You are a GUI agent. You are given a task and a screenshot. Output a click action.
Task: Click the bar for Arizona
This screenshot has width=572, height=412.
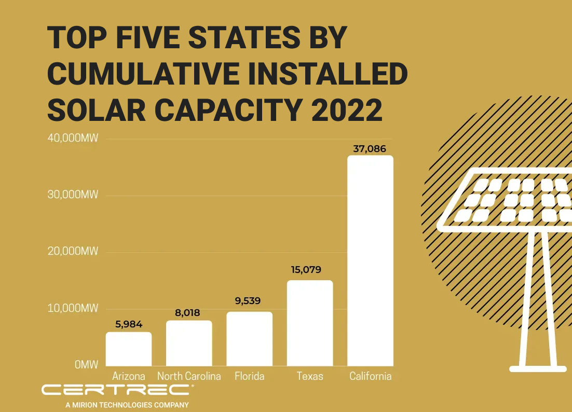[129, 349]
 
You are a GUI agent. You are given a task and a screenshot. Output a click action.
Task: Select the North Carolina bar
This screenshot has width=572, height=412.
[189, 343]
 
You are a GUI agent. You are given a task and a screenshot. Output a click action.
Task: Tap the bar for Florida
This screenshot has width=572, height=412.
[249, 338]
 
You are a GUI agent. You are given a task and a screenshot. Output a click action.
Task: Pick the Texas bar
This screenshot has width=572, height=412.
[310, 323]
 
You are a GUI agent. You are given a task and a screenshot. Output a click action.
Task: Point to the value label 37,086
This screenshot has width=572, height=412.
[370, 149]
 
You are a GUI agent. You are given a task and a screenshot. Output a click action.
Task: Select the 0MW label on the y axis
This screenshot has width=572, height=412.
[86, 365]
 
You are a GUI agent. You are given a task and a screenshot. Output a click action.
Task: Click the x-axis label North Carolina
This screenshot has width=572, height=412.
[189, 376]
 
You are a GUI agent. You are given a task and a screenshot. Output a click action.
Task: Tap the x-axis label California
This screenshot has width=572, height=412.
[370, 376]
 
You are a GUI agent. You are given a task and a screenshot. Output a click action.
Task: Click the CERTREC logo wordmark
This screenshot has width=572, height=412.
[118, 390]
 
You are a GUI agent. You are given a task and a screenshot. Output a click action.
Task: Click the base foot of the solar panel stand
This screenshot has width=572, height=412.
[537, 369]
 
